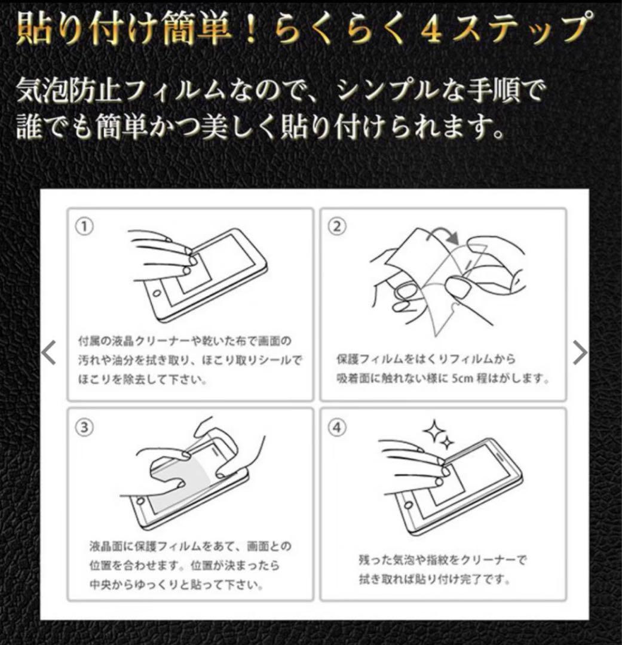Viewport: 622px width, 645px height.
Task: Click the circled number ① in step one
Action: [85, 226]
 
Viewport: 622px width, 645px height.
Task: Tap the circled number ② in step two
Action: [337, 226]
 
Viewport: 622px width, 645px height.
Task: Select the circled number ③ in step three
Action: [84, 428]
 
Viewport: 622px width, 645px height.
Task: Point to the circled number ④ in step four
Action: [337, 428]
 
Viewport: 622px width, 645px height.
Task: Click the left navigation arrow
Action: [49, 352]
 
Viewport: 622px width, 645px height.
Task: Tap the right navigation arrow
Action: [580, 352]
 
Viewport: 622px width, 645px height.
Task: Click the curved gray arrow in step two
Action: [445, 235]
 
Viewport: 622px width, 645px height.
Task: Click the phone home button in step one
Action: [157, 294]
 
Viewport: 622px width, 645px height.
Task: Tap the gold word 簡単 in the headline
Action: [198, 29]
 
